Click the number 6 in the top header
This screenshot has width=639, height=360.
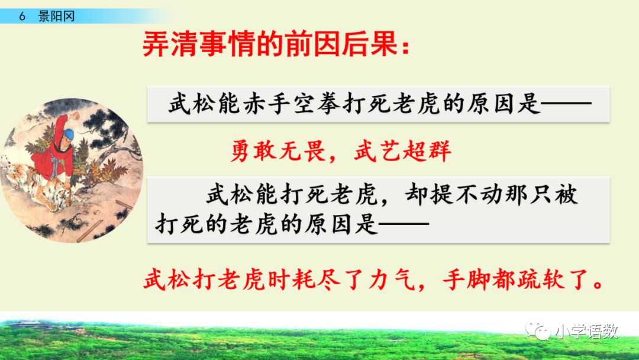pos(21,16)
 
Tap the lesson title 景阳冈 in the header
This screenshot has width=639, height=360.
pos(57,16)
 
